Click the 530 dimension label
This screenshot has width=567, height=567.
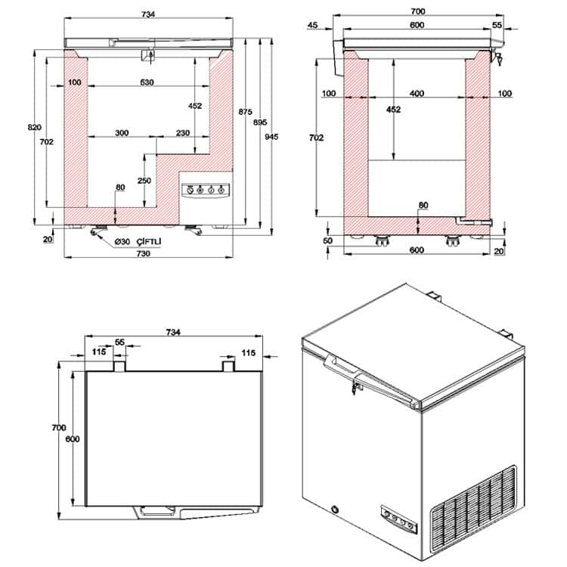tap(147, 82)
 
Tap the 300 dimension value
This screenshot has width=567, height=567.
tap(122, 133)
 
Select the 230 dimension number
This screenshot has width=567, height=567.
tap(183, 133)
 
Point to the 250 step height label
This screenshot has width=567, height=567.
tap(144, 181)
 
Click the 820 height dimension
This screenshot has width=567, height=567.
tap(34, 127)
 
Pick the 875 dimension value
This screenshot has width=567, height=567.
tap(245, 112)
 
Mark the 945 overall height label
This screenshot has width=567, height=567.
tap(271, 136)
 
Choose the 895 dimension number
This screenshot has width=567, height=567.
tap(260, 122)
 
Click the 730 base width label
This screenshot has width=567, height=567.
tap(143, 253)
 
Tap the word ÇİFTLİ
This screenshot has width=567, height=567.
tap(149, 241)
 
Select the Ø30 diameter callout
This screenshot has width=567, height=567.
tap(122, 242)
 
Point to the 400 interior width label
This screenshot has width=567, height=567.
tap(417, 93)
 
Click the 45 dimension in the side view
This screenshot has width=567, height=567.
tap(313, 25)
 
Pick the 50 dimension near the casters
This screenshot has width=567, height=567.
tap(327, 240)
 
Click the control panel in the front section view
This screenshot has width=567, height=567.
tap(206, 191)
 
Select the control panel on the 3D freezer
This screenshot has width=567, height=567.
tap(399, 519)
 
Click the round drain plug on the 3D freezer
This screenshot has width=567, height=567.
tap(336, 509)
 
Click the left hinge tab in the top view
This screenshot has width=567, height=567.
tap(119, 366)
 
